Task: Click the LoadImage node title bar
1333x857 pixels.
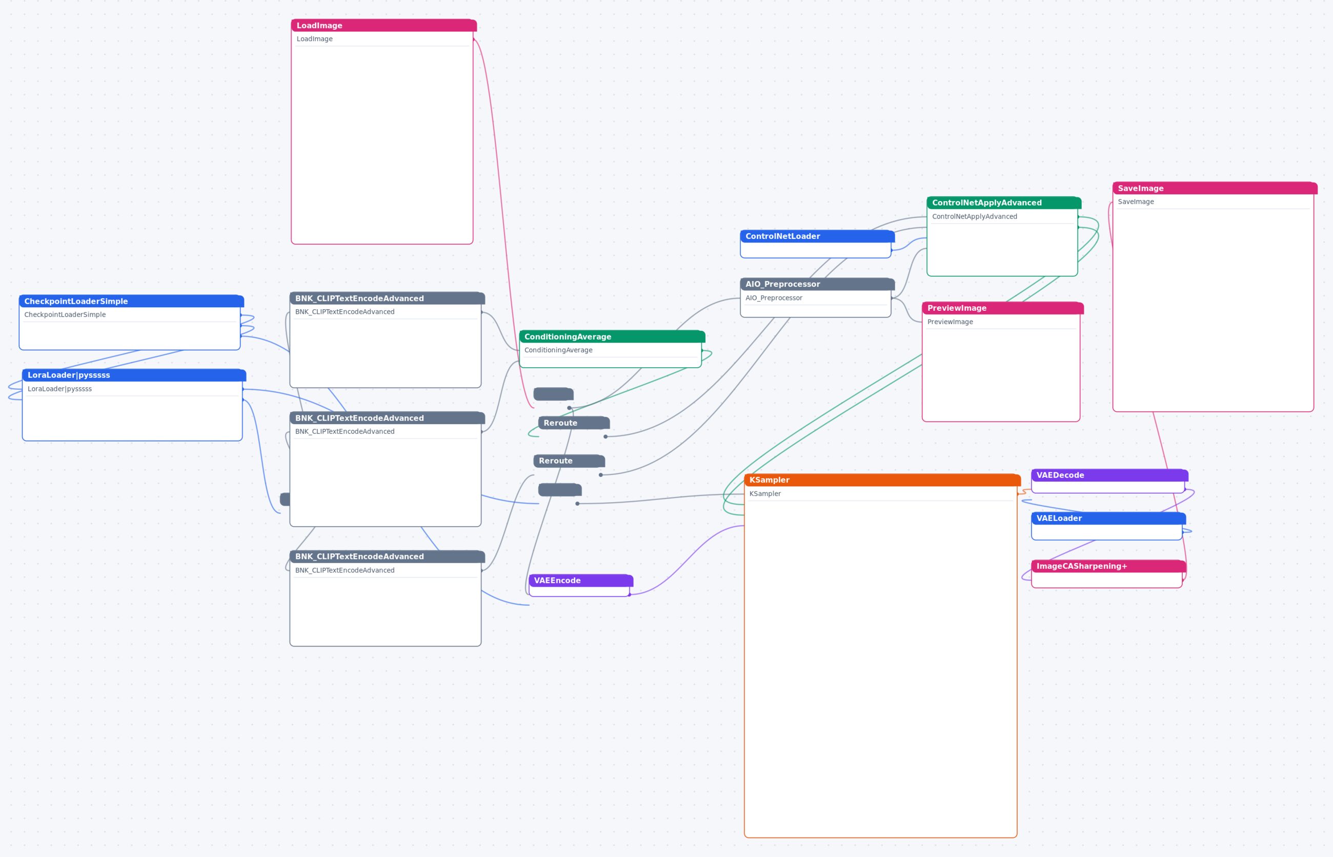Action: click(384, 26)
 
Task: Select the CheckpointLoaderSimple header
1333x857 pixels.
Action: click(131, 301)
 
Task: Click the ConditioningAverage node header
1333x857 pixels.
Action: click(612, 336)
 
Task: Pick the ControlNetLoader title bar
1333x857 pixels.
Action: click(817, 236)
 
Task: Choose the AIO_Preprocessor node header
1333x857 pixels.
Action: click(817, 284)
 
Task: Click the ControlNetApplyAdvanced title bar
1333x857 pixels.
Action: click(1004, 203)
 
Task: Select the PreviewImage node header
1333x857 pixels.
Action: click(1002, 308)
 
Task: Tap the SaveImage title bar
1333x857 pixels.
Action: click(1215, 188)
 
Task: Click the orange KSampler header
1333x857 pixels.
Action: click(882, 480)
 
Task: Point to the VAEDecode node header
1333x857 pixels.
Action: click(1109, 475)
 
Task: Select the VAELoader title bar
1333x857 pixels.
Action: click(1108, 519)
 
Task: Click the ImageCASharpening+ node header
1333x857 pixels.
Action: click(1108, 567)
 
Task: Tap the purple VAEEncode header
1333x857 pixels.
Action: click(581, 581)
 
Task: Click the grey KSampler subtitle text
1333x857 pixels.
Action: click(765, 493)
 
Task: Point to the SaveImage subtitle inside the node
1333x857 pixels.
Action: click(1136, 202)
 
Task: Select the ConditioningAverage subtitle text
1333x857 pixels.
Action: click(558, 350)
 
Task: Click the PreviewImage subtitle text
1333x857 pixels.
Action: click(950, 322)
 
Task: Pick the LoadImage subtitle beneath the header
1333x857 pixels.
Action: click(314, 39)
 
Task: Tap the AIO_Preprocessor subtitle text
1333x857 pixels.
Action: click(773, 298)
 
